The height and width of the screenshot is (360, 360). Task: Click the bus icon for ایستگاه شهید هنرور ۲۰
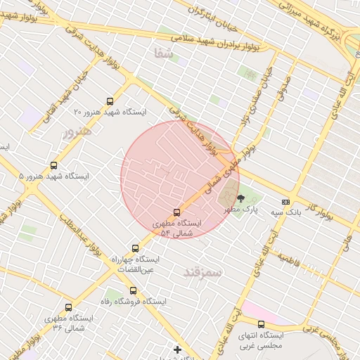[109, 102]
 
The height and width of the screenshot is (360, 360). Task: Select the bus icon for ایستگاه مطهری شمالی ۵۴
[176, 212]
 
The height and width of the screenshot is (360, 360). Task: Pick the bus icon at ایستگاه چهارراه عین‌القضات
[136, 248]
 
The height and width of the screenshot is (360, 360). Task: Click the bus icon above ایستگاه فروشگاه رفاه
[133, 290]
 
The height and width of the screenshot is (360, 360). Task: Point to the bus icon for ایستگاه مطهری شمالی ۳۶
[68, 307]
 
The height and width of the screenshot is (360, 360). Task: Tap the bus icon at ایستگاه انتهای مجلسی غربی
[261, 324]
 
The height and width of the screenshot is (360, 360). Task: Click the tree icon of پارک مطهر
[240, 199]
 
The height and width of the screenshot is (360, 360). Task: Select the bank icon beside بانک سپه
[285, 202]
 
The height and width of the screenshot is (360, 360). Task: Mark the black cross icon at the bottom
[177, 349]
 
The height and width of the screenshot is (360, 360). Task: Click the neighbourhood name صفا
[163, 53]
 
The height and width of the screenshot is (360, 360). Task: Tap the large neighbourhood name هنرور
[77, 131]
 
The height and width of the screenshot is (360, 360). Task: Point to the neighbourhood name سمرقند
[202, 271]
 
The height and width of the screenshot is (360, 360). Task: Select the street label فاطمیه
[289, 260]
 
